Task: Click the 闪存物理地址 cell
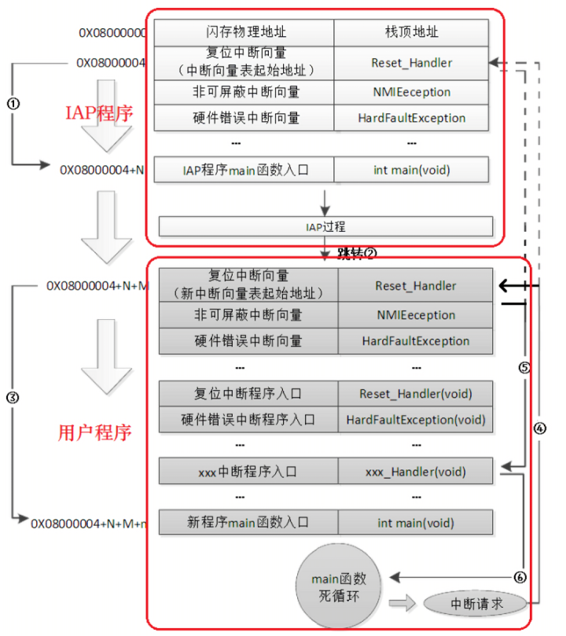click(243, 32)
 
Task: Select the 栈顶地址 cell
click(411, 32)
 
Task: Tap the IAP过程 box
click(325, 226)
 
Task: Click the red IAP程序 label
click(98, 112)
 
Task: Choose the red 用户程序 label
click(95, 432)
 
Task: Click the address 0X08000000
click(112, 33)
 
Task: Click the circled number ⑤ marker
click(525, 367)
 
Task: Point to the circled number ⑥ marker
click(519, 576)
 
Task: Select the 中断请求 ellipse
click(476, 604)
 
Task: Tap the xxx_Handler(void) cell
click(415, 472)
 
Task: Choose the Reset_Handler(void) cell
click(415, 393)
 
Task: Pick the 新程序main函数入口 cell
click(248, 523)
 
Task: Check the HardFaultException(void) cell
click(415, 419)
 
